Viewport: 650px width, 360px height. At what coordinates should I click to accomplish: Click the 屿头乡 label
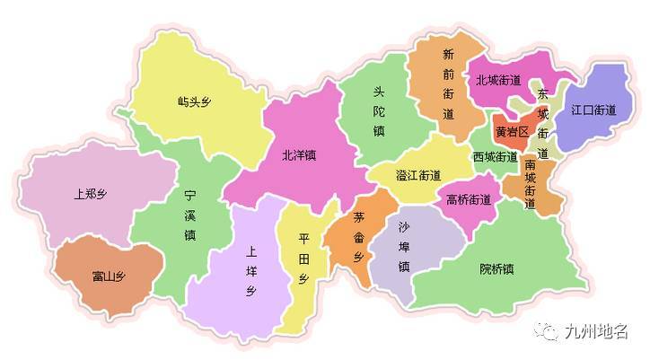coord(195,101)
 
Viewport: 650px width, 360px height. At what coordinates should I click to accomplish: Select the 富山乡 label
coord(108,275)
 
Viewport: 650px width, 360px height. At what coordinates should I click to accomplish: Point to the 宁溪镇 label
coord(189,215)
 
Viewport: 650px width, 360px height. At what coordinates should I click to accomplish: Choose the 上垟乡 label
coord(252,272)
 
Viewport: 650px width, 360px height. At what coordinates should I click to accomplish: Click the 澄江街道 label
coord(418,176)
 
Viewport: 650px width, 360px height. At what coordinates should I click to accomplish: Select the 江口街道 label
coord(593,110)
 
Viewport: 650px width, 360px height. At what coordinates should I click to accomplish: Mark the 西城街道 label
coord(495,156)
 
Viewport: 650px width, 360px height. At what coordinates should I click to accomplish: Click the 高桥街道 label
coord(469,199)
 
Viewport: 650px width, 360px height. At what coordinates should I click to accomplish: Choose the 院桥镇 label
coord(496,268)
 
